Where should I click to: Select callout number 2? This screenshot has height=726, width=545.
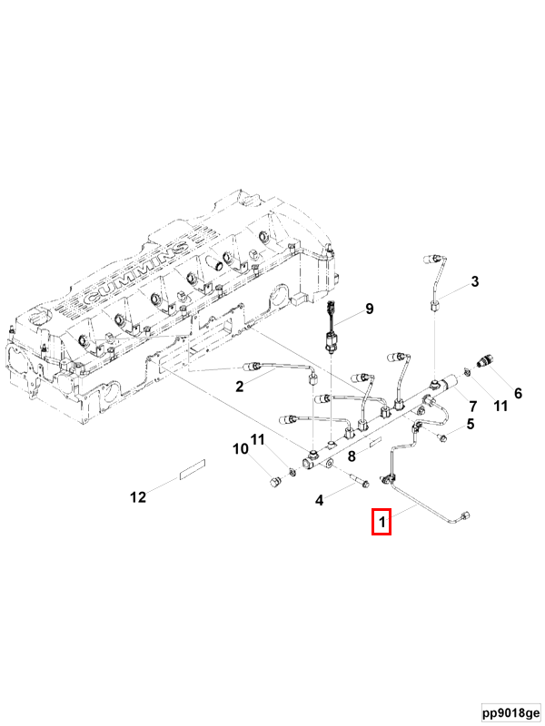tap(240, 387)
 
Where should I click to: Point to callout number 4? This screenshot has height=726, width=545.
tap(319, 500)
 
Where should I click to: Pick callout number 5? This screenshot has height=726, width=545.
tap(471, 423)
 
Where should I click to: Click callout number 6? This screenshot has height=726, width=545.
tap(518, 393)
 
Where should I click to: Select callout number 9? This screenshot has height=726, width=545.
tap(370, 309)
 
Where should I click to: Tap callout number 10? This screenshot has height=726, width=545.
tap(241, 448)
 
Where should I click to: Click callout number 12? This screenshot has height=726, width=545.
tap(138, 496)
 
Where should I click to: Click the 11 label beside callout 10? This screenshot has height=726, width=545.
tap(259, 440)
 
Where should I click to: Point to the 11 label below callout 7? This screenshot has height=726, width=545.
tap(500, 407)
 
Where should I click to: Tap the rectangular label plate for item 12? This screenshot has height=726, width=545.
tap(192, 469)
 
